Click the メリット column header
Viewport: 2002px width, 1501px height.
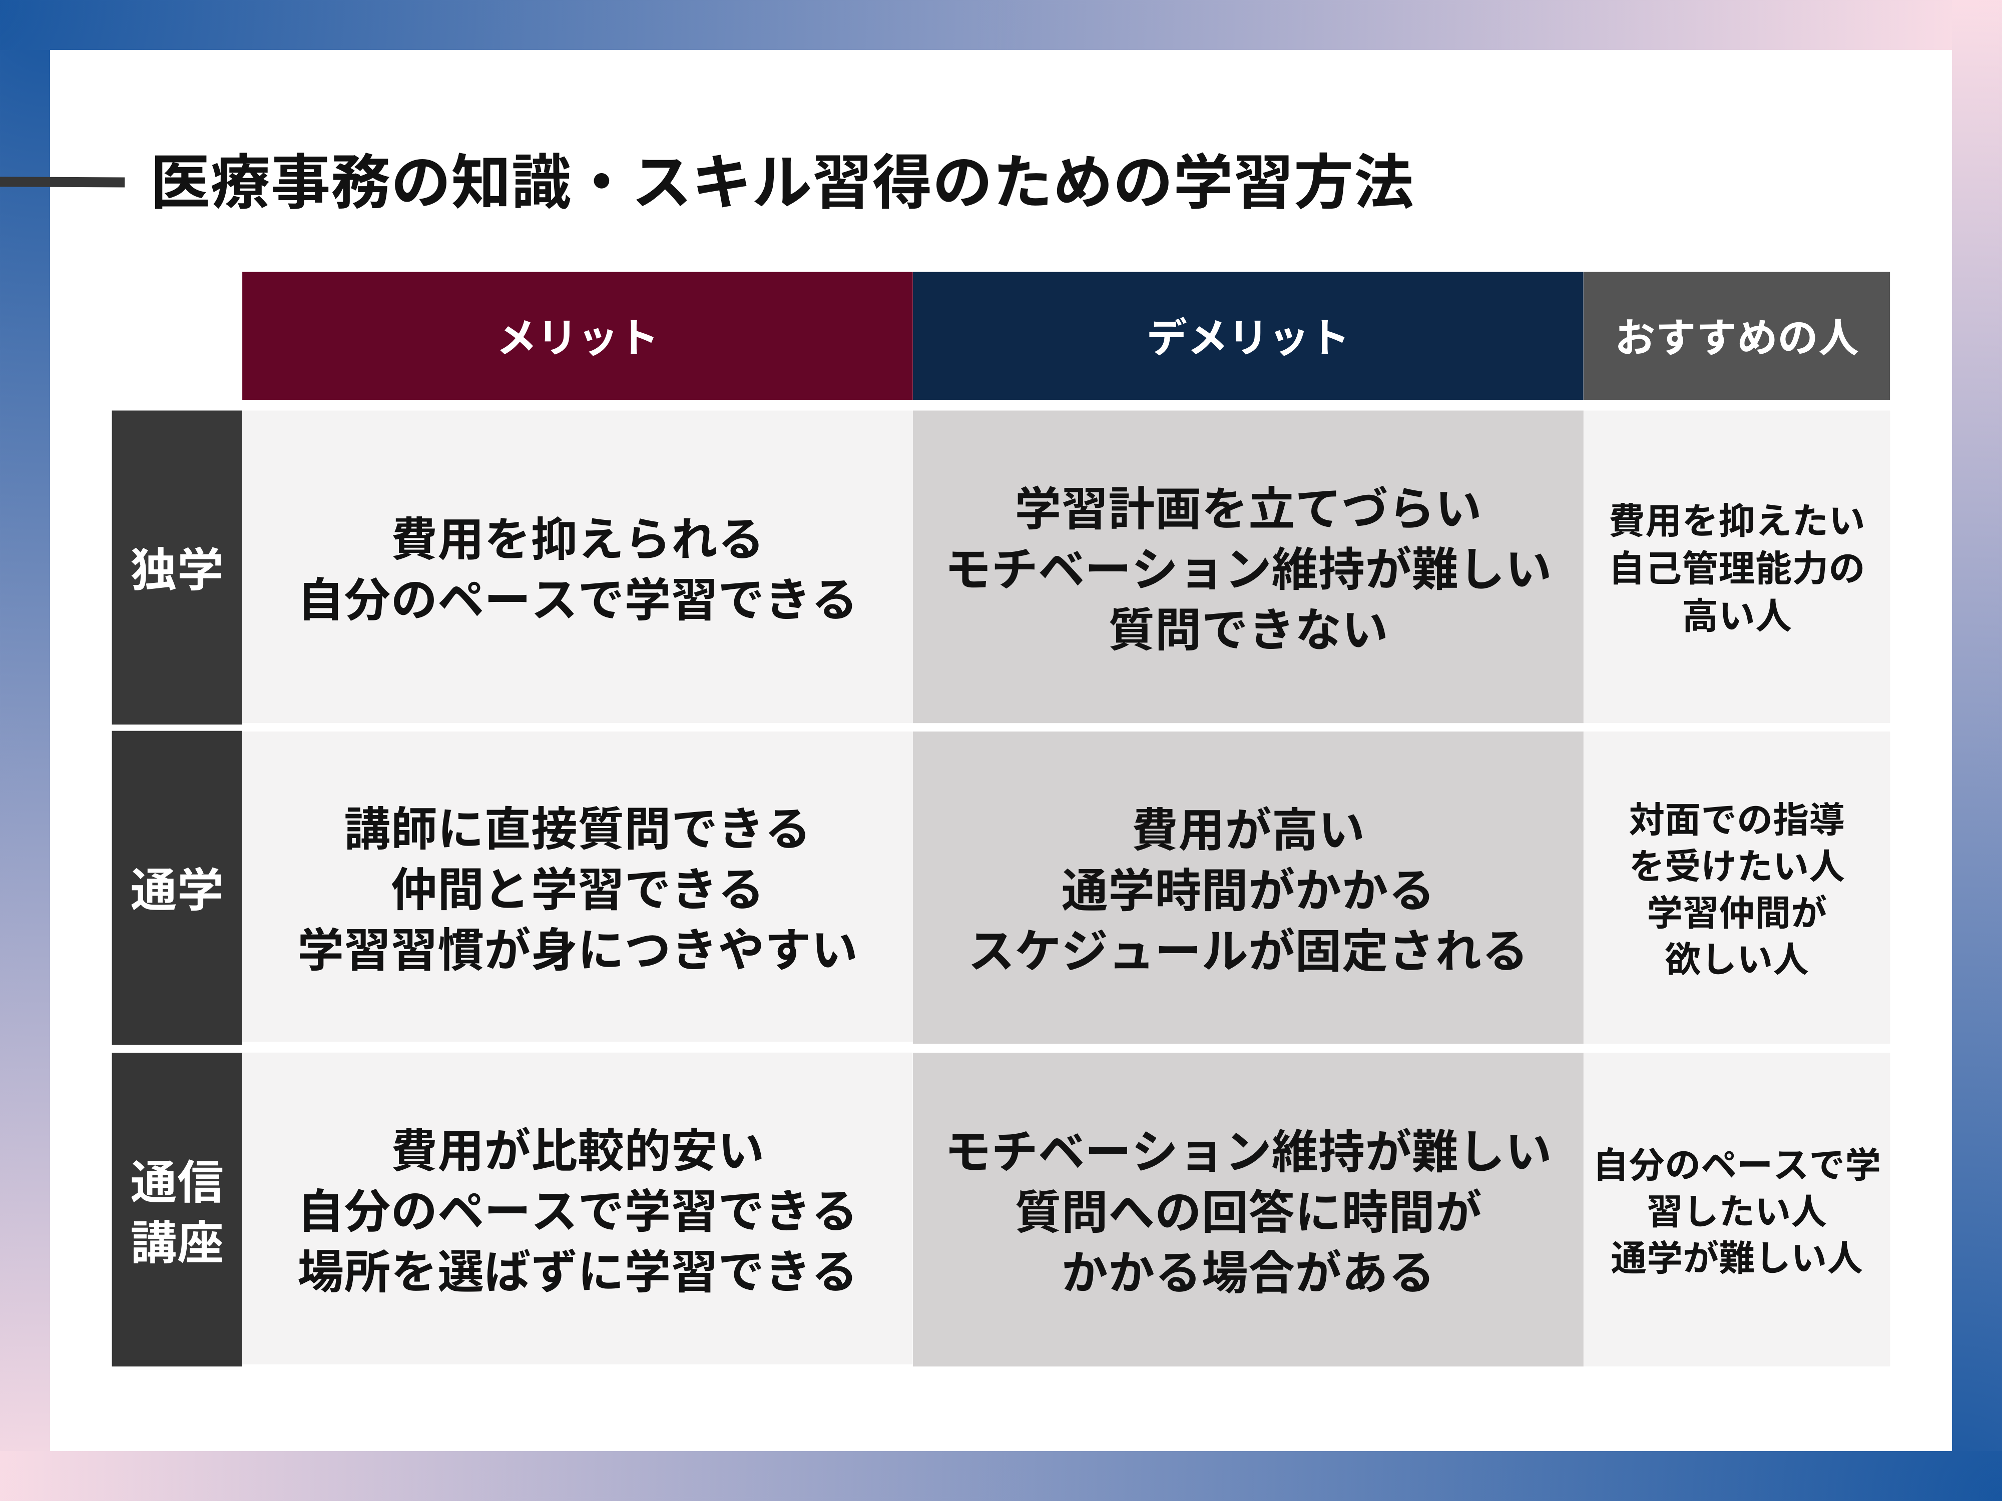[578, 337]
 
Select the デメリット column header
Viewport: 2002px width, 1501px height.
[1247, 337]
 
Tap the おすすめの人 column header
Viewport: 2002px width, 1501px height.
[1736, 337]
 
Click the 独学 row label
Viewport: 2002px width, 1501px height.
[177, 568]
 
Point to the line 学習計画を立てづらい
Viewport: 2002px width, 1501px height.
[1247, 508]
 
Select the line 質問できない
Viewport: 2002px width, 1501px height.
[1247, 629]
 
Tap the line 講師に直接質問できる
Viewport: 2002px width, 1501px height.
[578, 829]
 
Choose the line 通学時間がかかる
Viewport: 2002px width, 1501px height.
[1247, 890]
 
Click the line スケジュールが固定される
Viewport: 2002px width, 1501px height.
[1247, 950]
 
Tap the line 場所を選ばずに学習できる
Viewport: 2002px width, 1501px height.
[578, 1271]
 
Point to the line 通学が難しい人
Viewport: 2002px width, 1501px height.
[1736, 1258]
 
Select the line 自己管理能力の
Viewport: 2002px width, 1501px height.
[1736, 568]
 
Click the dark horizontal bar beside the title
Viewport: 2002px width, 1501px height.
[62, 182]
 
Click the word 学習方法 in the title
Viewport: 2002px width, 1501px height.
[1293, 182]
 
